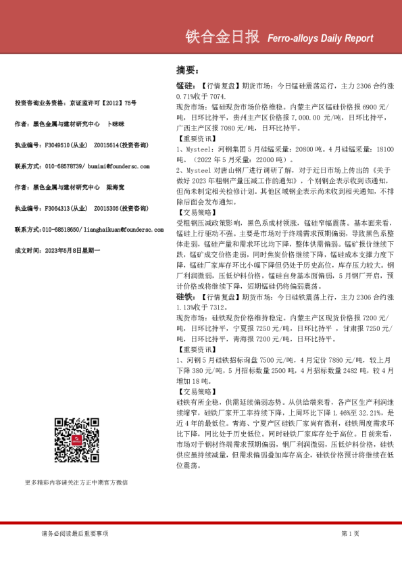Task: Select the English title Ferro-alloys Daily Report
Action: click(316, 39)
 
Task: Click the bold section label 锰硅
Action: click(184, 87)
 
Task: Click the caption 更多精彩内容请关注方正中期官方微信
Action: click(76, 483)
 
